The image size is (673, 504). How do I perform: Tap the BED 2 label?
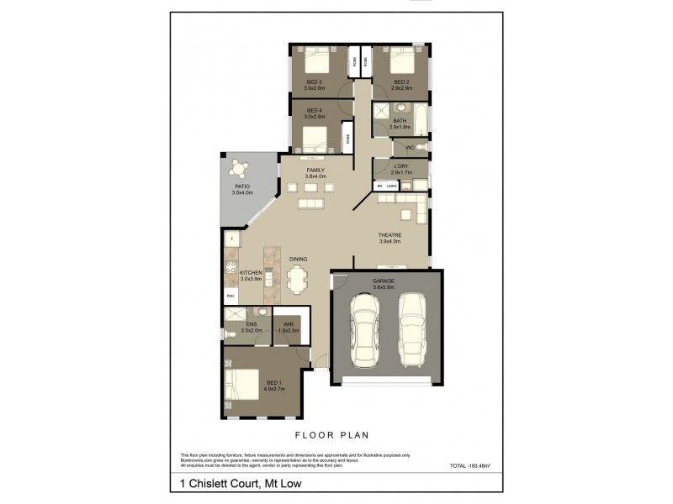pos(400,81)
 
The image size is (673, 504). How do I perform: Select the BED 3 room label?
pos(315,81)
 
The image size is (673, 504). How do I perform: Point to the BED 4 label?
pos(314,110)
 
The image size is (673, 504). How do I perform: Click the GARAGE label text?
pos(383,281)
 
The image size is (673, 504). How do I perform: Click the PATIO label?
pos(242,187)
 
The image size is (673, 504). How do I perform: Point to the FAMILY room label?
pos(315,170)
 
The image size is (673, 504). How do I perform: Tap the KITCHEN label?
pos(252,273)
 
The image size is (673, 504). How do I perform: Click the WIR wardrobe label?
pos(288,323)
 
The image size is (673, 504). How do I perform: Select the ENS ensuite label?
pos(251,323)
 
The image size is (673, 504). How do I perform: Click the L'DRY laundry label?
pos(400,166)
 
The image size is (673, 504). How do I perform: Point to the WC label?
pos(410,148)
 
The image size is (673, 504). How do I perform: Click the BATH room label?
pos(400,121)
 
